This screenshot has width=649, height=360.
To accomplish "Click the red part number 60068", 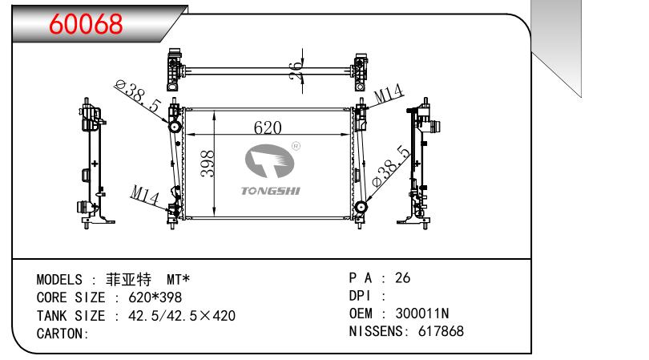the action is [86, 24].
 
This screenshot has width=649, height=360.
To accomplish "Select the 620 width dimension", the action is [268, 127].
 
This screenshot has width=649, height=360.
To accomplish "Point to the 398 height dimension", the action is [208, 164].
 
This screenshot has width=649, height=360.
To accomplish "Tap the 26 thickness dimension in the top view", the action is [296, 71].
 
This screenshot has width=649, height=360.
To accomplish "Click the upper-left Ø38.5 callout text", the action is [138, 96].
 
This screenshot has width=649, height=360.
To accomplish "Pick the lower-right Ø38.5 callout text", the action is [391, 166].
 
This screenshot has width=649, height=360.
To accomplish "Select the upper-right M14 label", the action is [389, 94].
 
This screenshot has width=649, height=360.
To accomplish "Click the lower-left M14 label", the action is [144, 195].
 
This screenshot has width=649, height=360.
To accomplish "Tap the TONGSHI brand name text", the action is [271, 191].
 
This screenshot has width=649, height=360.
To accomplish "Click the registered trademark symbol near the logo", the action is [296, 146].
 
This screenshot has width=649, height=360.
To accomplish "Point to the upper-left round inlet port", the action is [174, 127].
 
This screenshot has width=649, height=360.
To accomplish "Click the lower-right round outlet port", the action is [361, 206].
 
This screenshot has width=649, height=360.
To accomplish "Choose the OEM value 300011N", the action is [421, 313].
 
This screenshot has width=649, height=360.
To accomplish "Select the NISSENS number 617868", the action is [441, 331].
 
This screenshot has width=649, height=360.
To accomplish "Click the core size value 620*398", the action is [155, 297].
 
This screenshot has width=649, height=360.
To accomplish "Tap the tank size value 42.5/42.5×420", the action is [182, 316].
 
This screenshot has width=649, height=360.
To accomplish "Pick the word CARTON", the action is [61, 334].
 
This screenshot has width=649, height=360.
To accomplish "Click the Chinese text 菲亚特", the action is [129, 280].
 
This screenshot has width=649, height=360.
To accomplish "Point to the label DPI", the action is [360, 296].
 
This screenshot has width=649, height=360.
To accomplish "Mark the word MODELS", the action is [59, 280].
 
